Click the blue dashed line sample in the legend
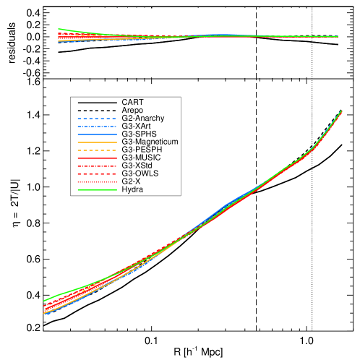[x=96, y=119]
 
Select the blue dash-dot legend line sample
[x=96, y=127]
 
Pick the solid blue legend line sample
[x=96, y=134]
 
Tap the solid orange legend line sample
[x=96, y=142]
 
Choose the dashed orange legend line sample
[x=96, y=150]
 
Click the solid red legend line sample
[x=96, y=158]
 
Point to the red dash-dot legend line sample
[x=96, y=166]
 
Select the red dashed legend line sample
[x=96, y=174]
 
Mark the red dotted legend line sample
[x=96, y=182]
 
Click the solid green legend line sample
[x=96, y=190]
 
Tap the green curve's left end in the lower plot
[x=44, y=300]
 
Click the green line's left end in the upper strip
[x=59, y=29]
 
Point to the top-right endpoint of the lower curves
[x=341, y=111]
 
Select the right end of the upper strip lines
[x=338, y=36]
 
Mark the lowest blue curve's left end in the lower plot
[x=45, y=314]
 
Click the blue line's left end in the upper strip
[x=59, y=42]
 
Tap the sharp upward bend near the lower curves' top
[x=313, y=148]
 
